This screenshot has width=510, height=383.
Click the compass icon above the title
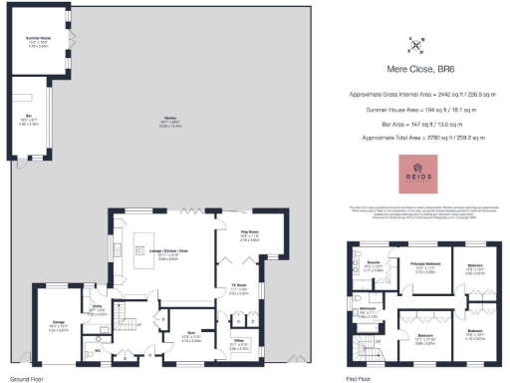point(415,44)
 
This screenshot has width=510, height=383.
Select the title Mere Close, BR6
point(415,69)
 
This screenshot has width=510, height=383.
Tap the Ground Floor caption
point(25,379)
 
